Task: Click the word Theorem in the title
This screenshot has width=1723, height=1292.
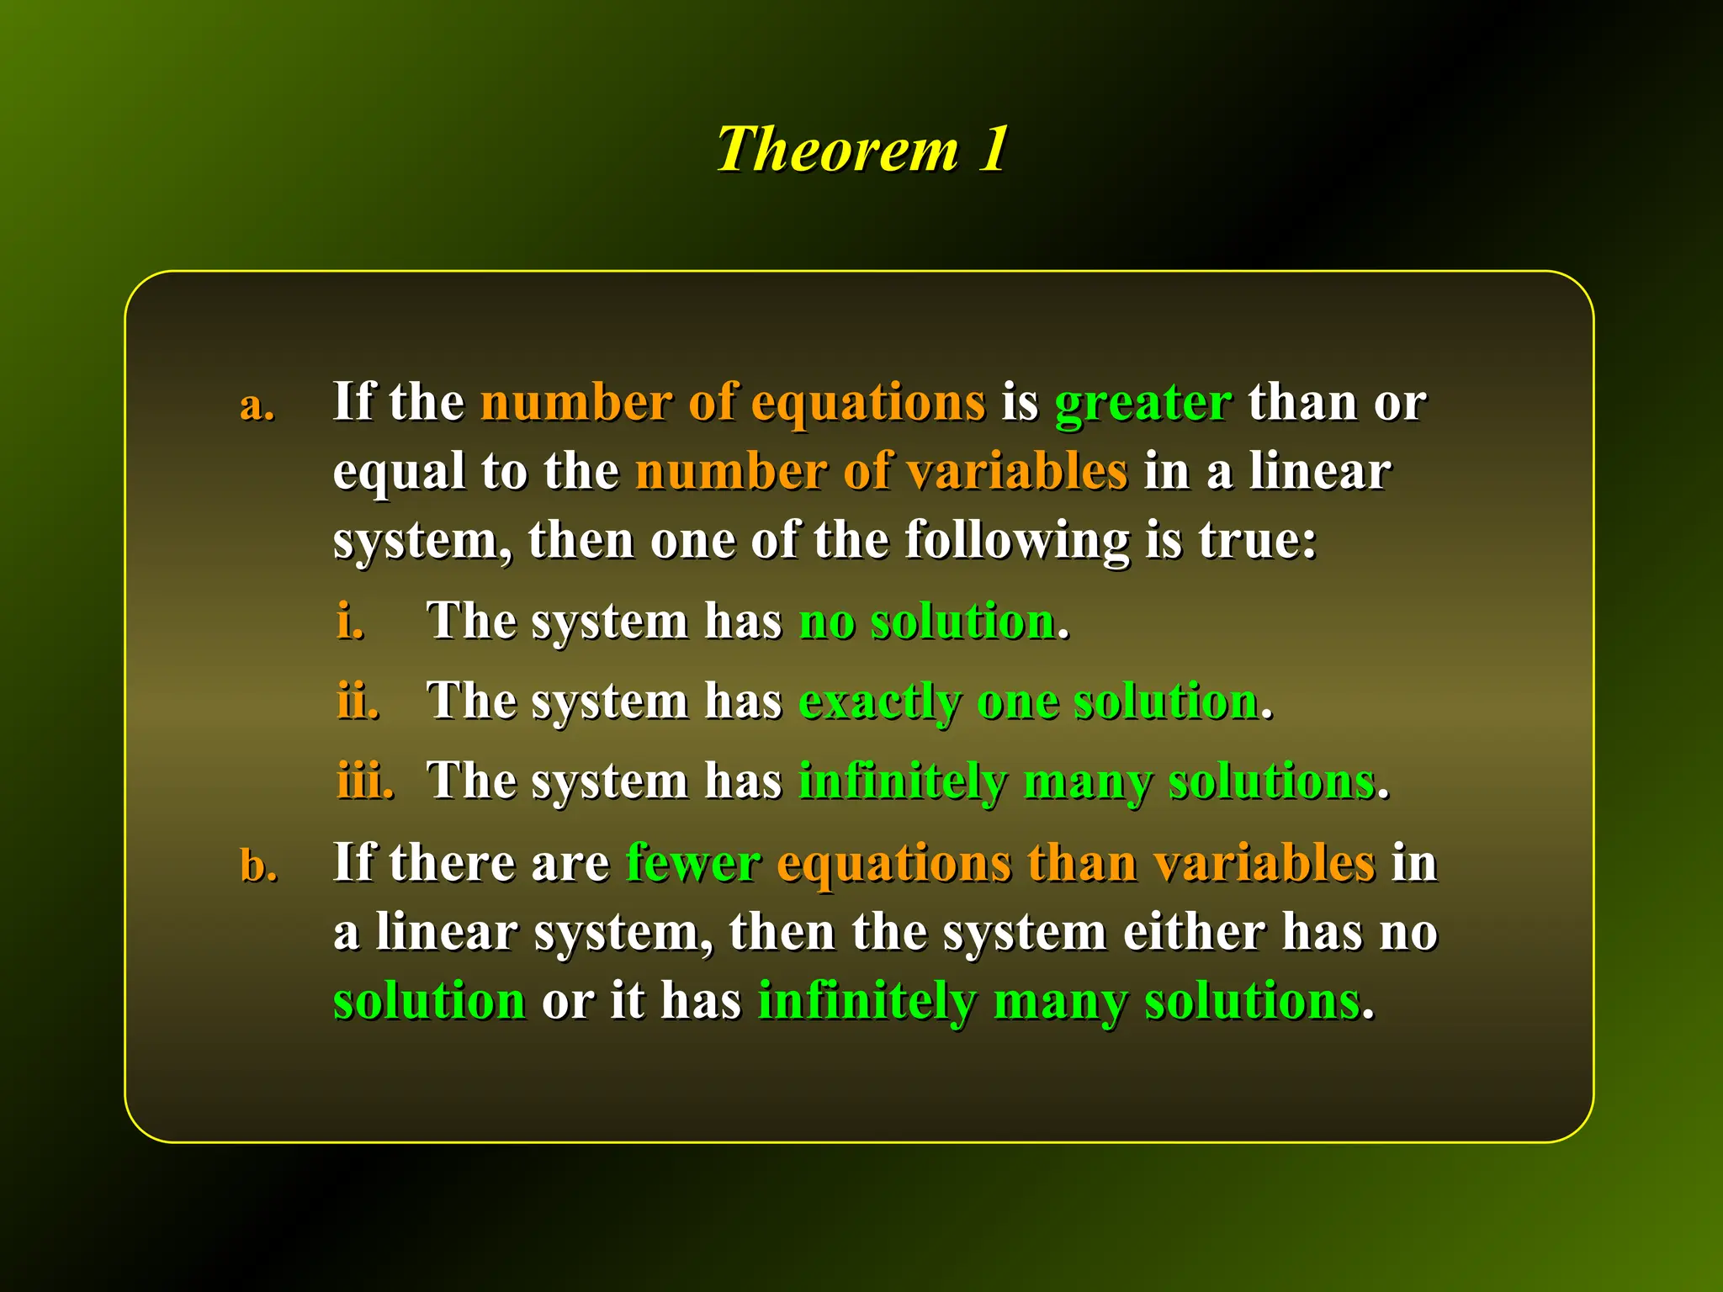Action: (837, 150)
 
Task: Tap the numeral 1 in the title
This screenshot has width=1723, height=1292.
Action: (994, 149)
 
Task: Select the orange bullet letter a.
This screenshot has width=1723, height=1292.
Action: (257, 406)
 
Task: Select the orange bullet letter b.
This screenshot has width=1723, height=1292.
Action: (258, 866)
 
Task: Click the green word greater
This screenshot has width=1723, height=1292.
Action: (1142, 403)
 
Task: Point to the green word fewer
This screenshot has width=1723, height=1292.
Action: (693, 863)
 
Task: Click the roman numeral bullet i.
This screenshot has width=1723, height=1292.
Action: (350, 622)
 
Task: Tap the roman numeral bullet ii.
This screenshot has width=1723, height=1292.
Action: (358, 701)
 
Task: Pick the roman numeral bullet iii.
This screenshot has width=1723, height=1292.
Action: (365, 781)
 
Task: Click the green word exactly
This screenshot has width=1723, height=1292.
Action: (879, 702)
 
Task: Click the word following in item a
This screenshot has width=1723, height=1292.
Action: (1016, 541)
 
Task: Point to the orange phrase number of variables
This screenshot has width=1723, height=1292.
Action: (881, 471)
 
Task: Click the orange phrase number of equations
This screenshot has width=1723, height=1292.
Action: (733, 403)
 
